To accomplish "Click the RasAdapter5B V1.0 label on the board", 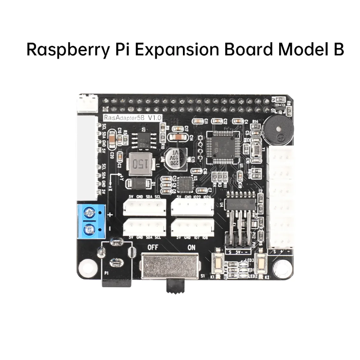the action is (x=133, y=118).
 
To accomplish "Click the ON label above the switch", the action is (x=191, y=247).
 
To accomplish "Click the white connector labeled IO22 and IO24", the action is (x=192, y=206).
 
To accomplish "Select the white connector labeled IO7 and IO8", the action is (x=192, y=226).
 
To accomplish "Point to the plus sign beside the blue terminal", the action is (x=110, y=215).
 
